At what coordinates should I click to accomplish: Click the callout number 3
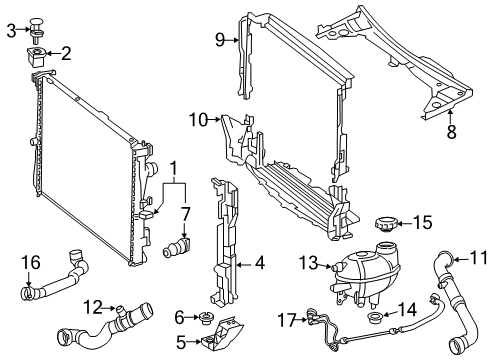(11, 31)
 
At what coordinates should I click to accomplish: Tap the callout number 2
(66, 52)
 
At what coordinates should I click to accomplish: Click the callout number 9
(219, 40)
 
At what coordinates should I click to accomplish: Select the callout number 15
(424, 221)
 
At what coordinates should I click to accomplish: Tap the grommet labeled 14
(382, 319)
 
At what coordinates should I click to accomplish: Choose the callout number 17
(286, 321)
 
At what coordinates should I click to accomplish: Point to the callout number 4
(259, 265)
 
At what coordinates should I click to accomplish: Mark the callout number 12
(92, 306)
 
